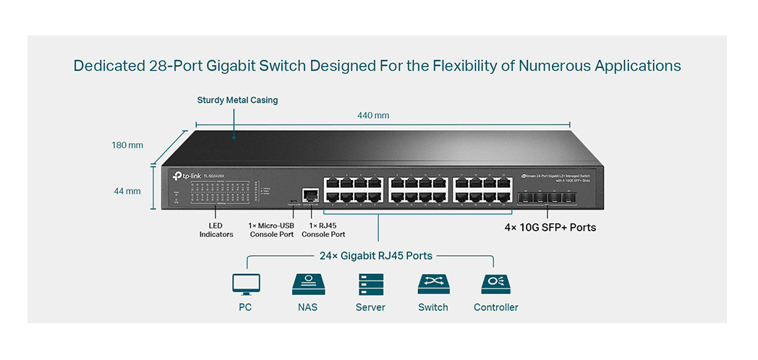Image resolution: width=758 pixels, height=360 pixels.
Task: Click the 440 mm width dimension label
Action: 373,116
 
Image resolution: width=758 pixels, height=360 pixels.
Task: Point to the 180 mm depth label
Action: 127,145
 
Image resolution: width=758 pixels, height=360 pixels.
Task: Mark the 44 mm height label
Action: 127,191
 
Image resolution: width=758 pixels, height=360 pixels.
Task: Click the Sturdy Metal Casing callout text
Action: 237,100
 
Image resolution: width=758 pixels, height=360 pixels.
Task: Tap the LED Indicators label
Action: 216,230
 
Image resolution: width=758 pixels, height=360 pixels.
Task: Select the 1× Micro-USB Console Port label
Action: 271,230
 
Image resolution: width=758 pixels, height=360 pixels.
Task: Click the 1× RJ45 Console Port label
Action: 323,230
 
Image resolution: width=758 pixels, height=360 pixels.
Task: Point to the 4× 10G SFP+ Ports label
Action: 550,228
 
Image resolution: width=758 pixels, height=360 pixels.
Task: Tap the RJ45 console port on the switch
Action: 310,194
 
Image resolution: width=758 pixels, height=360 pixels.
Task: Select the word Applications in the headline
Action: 637,66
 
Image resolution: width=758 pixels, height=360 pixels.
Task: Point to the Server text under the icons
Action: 370,307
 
